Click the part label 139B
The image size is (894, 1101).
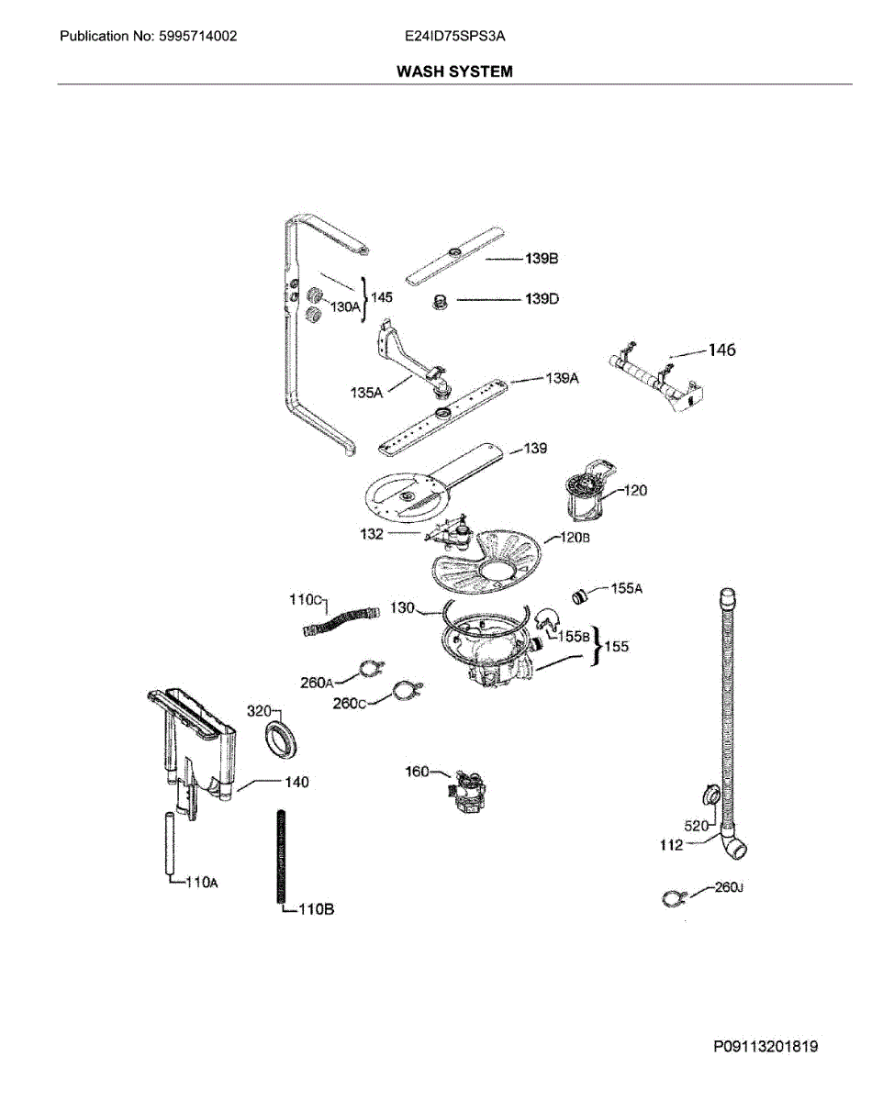point(542,260)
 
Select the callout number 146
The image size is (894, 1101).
point(721,350)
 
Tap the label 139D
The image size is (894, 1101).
point(542,299)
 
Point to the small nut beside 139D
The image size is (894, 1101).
point(440,300)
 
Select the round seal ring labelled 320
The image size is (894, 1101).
point(281,740)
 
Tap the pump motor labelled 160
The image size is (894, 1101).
point(468,795)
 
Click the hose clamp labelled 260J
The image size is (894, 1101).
point(676,901)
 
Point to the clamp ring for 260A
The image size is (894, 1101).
point(371,670)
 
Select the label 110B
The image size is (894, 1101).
point(314,909)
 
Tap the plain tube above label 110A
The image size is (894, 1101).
point(170,843)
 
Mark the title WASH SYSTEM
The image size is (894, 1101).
point(454,71)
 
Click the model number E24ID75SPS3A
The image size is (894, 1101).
point(455,37)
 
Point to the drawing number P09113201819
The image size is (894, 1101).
point(765,1047)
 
